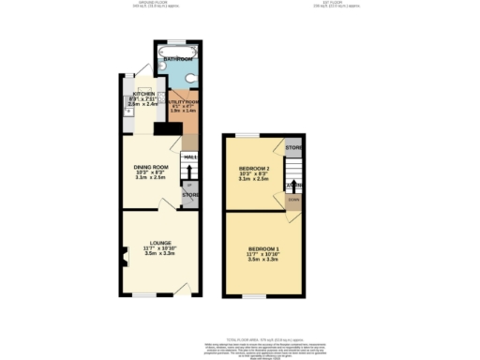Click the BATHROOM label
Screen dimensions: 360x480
click(x=178, y=59)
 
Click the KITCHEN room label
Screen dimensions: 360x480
click(x=142, y=95)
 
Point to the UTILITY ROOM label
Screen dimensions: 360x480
click(x=186, y=101)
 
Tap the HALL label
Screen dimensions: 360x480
click(x=190, y=157)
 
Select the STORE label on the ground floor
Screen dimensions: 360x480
click(x=189, y=195)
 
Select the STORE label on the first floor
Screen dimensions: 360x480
click(x=293, y=148)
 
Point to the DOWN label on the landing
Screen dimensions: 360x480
click(x=294, y=199)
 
